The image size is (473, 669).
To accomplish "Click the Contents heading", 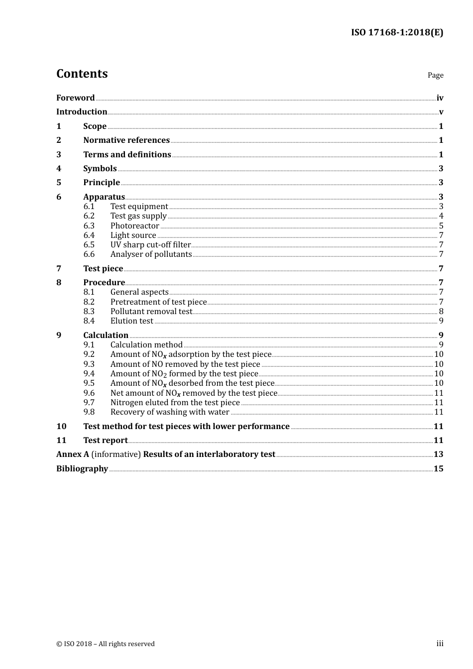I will coord(82,74).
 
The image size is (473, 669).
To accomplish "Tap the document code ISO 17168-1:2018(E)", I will coord(397,32).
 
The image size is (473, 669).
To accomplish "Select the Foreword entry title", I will coord(75,98).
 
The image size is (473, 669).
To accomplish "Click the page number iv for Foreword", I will coord(440,98).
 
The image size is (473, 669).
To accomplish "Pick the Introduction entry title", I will coord(82,111).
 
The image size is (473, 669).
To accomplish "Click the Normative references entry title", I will coord(126,140).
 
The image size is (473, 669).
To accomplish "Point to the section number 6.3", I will coord(89,225).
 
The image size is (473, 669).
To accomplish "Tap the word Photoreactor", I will coord(134,225).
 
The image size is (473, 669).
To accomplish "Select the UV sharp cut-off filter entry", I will coord(150,244).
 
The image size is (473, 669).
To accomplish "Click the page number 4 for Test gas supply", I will coord(441,216).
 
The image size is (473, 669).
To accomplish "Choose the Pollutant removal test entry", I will coord(151,311).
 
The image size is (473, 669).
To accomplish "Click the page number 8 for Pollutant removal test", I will coord(441,311).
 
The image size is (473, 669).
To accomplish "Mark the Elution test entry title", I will coord(131,321).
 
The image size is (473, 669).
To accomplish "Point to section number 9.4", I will coord(89,373).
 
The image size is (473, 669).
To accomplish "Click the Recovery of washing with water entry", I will coord(169,412).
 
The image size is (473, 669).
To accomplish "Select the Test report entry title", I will coord(106,440).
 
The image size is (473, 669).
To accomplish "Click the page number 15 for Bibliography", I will coord(438,468).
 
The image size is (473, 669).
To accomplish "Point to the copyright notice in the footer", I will coord(106,644).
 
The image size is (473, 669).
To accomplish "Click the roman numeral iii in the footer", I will coord(440,643).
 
